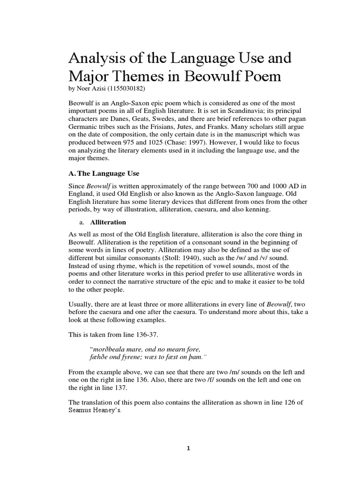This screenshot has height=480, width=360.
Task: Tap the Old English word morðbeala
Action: [112, 349]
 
